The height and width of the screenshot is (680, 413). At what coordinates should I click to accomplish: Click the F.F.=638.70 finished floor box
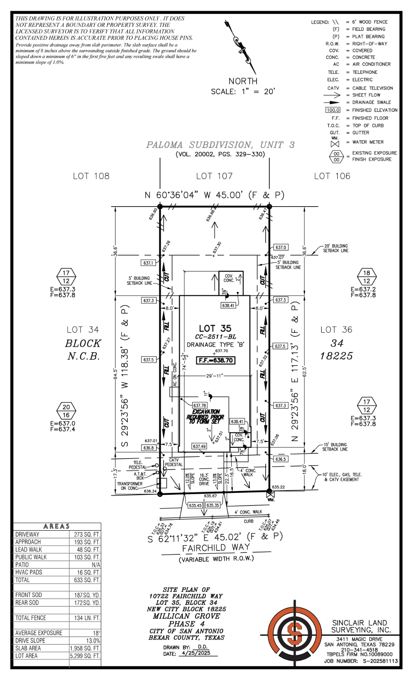coord(216,360)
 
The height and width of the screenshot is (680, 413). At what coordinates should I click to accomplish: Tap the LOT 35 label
coord(215,329)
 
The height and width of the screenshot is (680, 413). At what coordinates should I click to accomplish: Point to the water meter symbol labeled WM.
coord(270,493)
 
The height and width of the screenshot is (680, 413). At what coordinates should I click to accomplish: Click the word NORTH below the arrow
coord(243,81)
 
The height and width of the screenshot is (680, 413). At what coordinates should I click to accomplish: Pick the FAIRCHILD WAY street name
coord(216,548)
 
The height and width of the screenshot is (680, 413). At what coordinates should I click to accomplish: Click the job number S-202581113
coord(380,661)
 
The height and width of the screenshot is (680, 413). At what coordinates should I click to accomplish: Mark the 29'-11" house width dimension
coord(215,376)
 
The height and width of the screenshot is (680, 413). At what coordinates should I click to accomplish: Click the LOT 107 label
coord(214,176)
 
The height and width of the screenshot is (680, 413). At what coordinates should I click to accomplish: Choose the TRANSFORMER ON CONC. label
coord(130,486)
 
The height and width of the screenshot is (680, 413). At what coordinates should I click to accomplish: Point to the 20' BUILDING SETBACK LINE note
coord(336,248)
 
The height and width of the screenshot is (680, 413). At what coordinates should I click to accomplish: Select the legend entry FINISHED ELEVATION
coord(374,110)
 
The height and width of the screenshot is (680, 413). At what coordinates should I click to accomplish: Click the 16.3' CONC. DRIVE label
coord(204,479)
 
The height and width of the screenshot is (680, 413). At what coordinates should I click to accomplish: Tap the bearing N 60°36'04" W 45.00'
coord(214,195)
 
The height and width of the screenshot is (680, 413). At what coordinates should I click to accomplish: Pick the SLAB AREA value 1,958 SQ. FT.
coord(85,648)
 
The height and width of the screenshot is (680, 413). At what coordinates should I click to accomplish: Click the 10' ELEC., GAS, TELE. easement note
coord(341,477)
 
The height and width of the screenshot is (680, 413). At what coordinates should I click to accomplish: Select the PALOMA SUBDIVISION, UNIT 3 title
coord(220,145)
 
